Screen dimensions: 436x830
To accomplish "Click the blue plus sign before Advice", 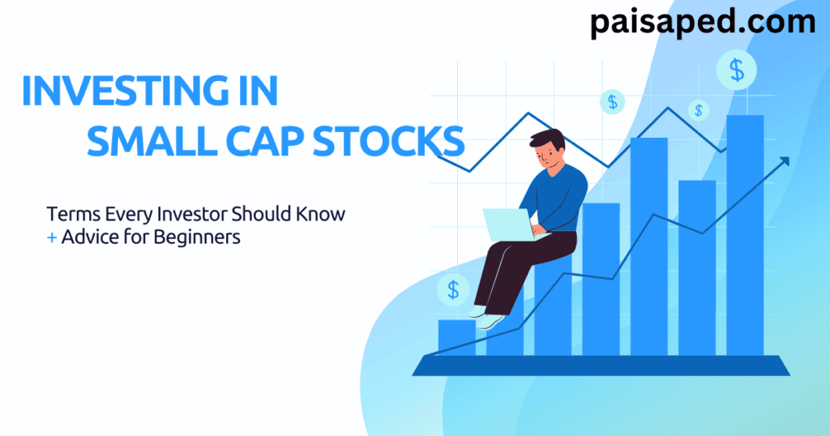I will pyautogui.click(x=51, y=239).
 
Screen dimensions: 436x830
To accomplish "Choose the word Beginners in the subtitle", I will pyautogui.click(x=204, y=239).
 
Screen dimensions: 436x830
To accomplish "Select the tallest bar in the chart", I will pyautogui.click(x=745, y=235).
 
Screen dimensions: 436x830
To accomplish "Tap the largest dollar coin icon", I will pyautogui.click(x=737, y=71).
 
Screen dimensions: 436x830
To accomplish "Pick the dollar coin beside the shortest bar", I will pyautogui.click(x=452, y=289).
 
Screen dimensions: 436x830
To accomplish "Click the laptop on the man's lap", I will pyautogui.click(x=507, y=224).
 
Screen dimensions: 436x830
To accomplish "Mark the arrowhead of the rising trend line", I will pyautogui.click(x=785, y=161).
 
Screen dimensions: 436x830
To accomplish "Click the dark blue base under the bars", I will pyautogui.click(x=601, y=366).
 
